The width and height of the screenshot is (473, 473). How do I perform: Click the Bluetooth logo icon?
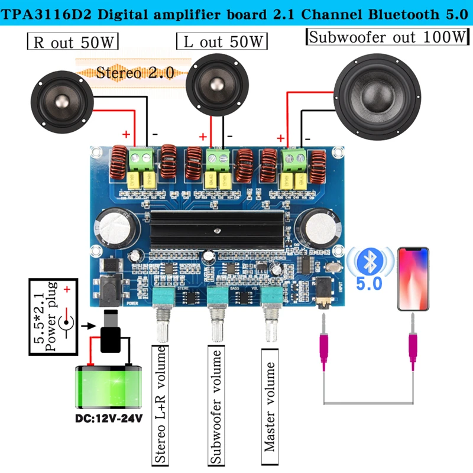370,259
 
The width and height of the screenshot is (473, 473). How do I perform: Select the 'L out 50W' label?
222,41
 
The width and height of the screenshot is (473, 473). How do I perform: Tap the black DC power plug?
111,334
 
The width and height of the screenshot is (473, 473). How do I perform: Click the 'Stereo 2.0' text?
135,73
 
